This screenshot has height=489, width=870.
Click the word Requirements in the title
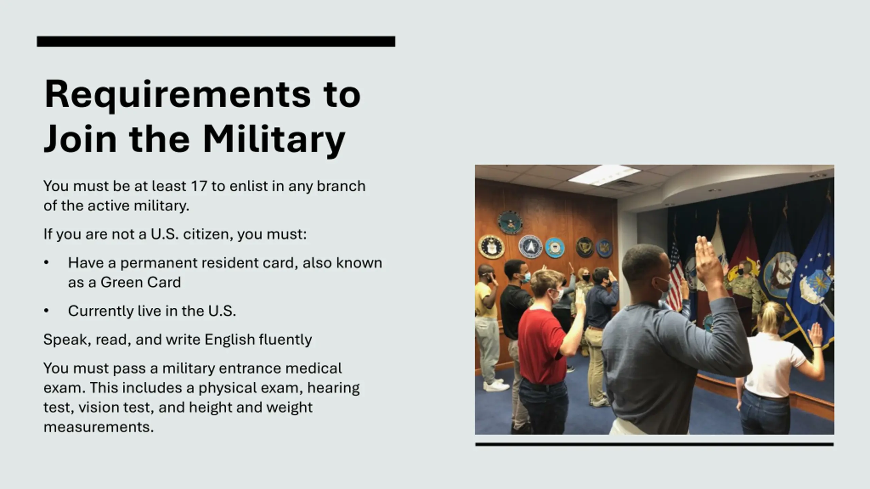(177, 95)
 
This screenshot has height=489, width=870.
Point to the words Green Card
(141, 283)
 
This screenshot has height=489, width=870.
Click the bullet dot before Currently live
(47, 311)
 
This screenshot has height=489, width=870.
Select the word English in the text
(230, 340)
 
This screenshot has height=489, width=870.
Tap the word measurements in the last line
(99, 427)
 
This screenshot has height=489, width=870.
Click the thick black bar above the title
(216, 41)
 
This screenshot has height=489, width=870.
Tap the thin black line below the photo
(655, 444)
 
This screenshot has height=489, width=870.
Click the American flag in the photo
(675, 275)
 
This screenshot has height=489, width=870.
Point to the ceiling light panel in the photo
(604, 174)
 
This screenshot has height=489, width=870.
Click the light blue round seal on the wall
(555, 248)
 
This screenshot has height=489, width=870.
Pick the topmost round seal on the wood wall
(510, 222)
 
